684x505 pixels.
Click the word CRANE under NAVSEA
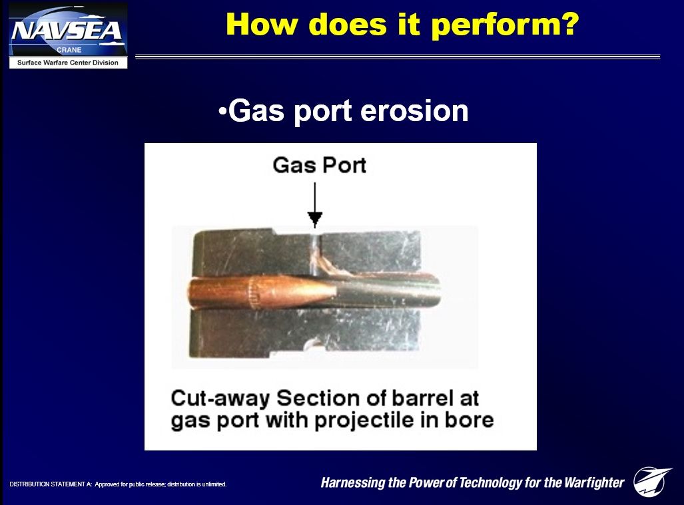(69, 50)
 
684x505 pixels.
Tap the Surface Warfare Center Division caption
(68, 63)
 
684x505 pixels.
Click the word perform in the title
(505, 25)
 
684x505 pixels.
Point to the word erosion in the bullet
(414, 110)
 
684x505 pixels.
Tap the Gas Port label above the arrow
(319, 165)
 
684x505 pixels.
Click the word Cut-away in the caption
(220, 399)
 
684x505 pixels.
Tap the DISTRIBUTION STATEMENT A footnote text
(118, 484)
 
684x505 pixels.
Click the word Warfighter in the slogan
(594, 483)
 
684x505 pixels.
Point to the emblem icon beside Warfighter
(652, 481)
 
